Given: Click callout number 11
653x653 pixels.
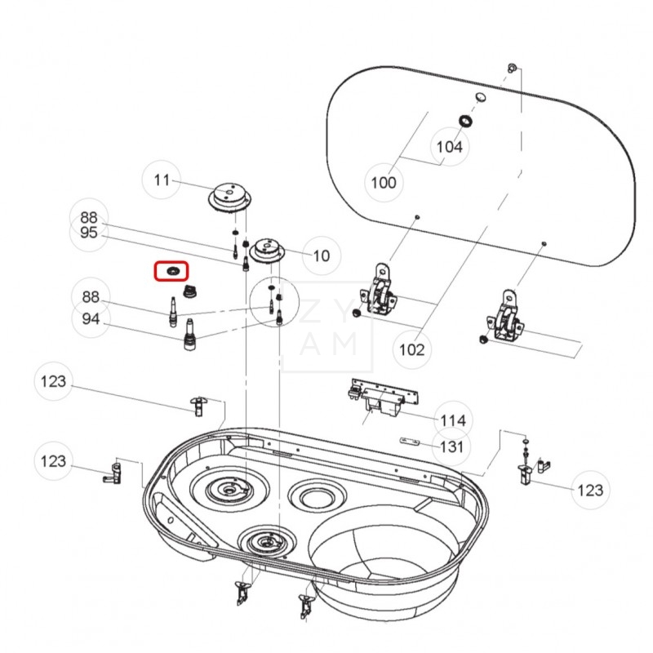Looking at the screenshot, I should [162, 180].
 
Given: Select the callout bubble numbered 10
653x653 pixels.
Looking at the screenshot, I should [322, 255].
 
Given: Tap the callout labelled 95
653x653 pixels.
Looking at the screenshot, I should [89, 233].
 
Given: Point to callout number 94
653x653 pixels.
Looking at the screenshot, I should [89, 318].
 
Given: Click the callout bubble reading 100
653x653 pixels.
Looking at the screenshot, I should [383, 182].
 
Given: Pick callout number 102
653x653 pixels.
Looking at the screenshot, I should [411, 350].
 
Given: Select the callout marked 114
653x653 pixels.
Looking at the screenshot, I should [452, 420].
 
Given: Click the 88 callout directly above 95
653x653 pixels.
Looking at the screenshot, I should [89, 218].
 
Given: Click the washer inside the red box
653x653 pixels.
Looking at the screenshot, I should [172, 270].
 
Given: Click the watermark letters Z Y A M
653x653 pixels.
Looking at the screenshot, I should [326, 327].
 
